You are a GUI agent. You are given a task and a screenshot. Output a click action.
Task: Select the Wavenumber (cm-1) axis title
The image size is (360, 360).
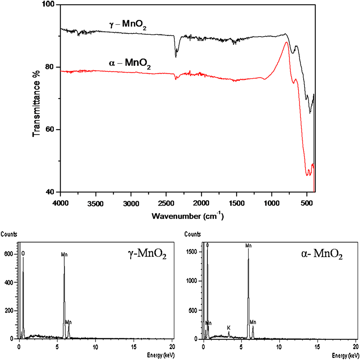[188, 217]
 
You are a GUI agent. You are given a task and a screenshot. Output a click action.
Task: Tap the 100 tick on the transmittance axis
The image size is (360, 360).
[49, 5]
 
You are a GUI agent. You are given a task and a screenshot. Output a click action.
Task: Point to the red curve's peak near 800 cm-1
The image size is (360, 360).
[286, 43]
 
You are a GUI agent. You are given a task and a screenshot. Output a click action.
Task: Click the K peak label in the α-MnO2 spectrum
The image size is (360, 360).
[228, 327]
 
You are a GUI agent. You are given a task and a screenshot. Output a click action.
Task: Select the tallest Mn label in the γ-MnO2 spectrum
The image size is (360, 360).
[64, 255]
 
